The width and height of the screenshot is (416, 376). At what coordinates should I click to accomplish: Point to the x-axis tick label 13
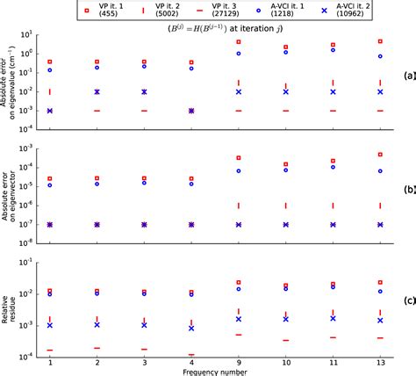(379, 361)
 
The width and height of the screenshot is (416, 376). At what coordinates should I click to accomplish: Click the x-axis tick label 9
(238, 361)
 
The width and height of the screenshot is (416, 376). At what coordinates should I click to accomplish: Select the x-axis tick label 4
(190, 361)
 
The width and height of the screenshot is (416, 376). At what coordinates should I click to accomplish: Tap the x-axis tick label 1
(50, 361)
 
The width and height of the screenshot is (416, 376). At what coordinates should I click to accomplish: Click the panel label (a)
(409, 76)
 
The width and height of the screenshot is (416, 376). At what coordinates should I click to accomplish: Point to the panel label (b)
(409, 188)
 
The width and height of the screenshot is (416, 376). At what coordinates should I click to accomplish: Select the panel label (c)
(409, 300)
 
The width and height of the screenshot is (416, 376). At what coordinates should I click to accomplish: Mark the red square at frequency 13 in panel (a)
(379, 41)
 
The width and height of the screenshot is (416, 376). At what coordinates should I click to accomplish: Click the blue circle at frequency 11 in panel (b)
(333, 167)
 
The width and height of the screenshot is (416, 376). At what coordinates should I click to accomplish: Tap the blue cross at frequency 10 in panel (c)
(285, 319)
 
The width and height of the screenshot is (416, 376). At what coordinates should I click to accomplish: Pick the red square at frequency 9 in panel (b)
(238, 158)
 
